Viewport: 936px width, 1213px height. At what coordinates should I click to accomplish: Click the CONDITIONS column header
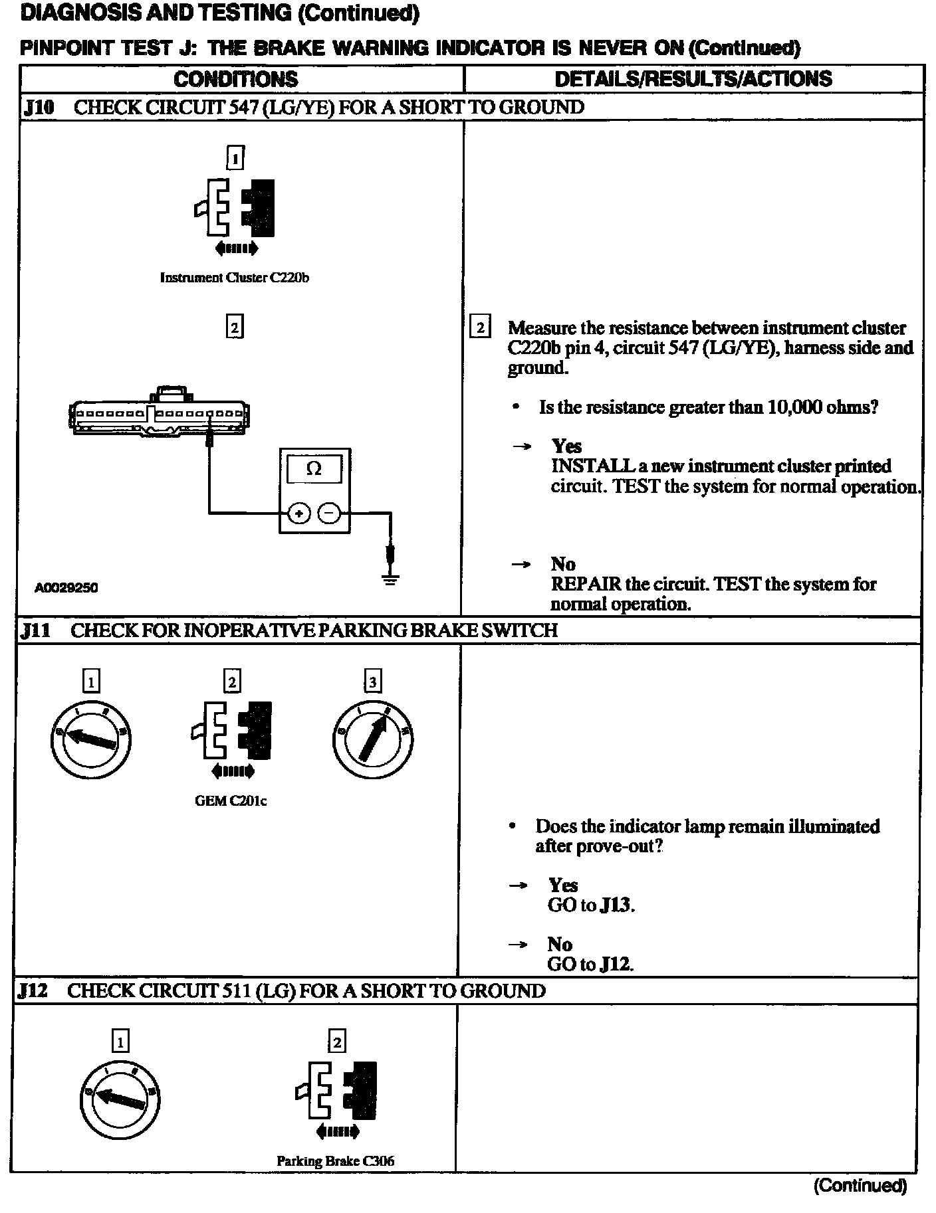pyautogui.click(x=236, y=79)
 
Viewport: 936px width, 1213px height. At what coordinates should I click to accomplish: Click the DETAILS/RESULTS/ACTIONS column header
pyautogui.click(x=693, y=79)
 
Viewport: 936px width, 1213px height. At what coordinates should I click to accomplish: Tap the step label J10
pyautogui.click(x=39, y=108)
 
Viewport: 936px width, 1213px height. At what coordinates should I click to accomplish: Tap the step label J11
pyautogui.click(x=36, y=630)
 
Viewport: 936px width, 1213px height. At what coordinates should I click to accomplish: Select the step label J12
pyautogui.click(x=33, y=991)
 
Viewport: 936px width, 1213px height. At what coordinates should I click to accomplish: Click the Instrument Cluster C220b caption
pyautogui.click(x=235, y=278)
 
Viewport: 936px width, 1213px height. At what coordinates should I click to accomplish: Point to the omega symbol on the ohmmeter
pyautogui.click(x=314, y=469)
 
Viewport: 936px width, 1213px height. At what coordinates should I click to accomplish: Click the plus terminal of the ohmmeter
pyautogui.click(x=299, y=513)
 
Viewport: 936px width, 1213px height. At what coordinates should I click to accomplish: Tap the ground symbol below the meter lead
pyautogui.click(x=390, y=579)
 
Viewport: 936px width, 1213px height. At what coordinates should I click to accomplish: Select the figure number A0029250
pyautogui.click(x=66, y=588)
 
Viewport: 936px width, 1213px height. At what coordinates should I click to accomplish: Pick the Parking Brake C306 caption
pyautogui.click(x=335, y=1161)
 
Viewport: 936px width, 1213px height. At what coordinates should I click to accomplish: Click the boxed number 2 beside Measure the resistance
pyautogui.click(x=480, y=327)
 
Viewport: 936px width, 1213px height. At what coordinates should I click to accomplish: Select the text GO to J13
pyautogui.click(x=591, y=905)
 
